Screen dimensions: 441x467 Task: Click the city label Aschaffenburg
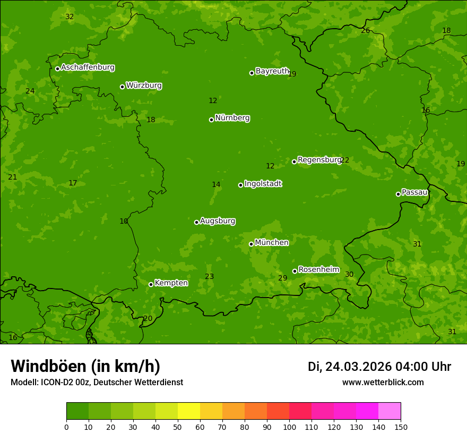click(88, 67)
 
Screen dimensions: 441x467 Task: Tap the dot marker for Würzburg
click(122, 87)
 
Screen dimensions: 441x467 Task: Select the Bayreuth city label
click(272, 71)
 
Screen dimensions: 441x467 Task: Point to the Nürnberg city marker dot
click(211, 120)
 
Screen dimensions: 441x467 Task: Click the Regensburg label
click(319, 160)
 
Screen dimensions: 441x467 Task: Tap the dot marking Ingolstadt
click(240, 185)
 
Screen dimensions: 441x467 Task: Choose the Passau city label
click(414, 192)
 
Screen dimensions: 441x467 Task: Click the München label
click(272, 243)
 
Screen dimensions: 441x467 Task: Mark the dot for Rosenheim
click(295, 271)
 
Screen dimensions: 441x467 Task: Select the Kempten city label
click(171, 283)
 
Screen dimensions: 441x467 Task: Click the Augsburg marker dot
click(196, 222)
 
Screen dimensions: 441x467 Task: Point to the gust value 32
click(70, 16)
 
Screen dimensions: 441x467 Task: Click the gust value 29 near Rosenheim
click(283, 278)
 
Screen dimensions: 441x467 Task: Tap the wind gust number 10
click(124, 221)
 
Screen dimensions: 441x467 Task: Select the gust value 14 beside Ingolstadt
click(216, 184)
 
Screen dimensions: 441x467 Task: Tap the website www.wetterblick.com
click(383, 382)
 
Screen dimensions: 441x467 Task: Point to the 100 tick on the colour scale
click(289, 427)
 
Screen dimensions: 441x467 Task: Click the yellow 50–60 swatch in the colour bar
click(189, 411)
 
